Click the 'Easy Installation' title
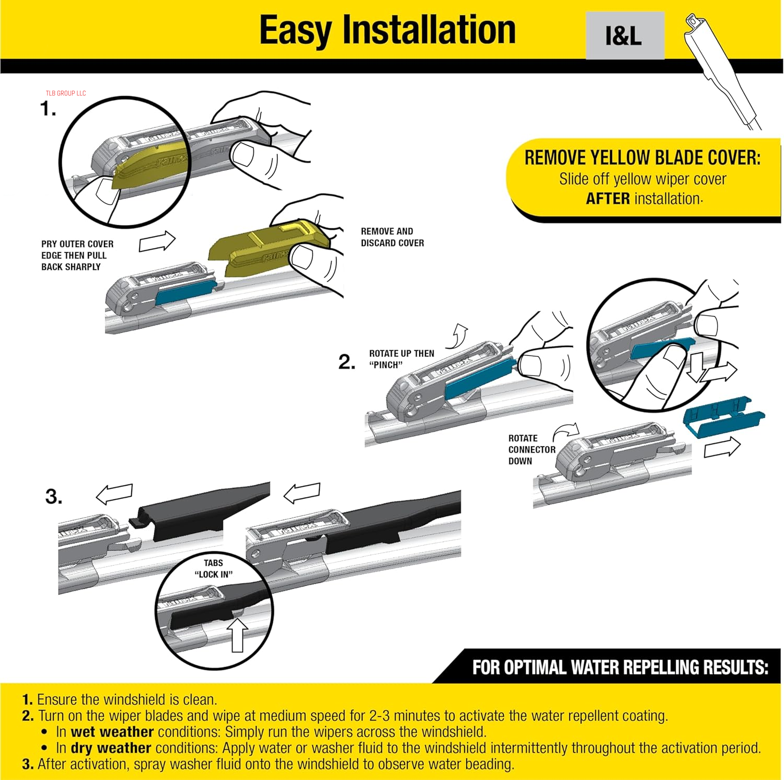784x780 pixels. click(x=387, y=30)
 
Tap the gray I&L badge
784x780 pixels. click(x=625, y=36)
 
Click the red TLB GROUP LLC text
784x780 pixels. click(x=65, y=94)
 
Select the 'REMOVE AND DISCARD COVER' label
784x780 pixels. click(x=392, y=237)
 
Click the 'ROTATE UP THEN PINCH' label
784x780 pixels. click(x=401, y=359)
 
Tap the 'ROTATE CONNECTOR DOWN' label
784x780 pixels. click(x=531, y=449)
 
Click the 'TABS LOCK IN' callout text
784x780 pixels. click(x=213, y=568)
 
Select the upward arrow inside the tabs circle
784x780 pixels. click(x=237, y=634)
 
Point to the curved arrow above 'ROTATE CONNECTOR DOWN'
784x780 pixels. click(x=567, y=431)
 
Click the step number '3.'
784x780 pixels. click(x=53, y=496)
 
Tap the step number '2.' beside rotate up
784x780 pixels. click(x=347, y=362)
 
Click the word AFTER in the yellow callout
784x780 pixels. click(x=607, y=199)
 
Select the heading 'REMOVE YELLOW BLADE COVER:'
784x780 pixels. click(x=642, y=158)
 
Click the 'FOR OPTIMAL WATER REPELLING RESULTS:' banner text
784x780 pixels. click(x=620, y=668)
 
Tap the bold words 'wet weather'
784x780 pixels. click(x=112, y=731)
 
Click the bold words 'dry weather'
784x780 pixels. click(x=111, y=748)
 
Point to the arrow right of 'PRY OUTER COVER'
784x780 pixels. click(x=157, y=241)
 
